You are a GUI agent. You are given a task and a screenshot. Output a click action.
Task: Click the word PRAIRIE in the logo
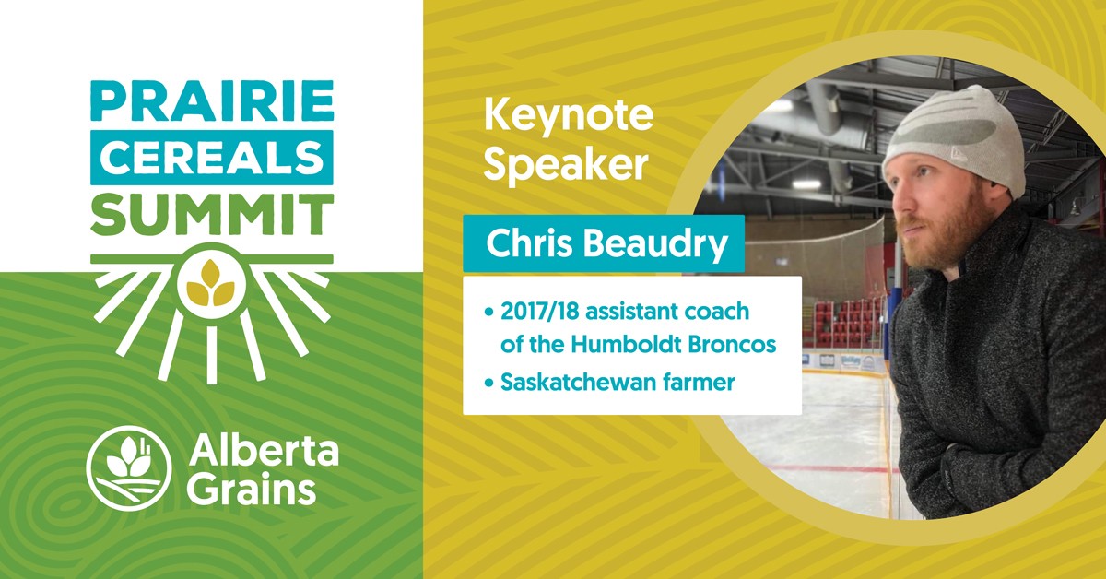point(212,100)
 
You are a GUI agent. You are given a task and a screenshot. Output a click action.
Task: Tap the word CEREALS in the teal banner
point(212,157)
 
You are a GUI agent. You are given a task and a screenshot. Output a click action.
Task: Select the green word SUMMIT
point(212,215)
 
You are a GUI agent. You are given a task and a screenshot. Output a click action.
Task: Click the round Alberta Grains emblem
point(128,467)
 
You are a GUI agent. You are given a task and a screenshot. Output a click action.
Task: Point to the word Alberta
point(264,451)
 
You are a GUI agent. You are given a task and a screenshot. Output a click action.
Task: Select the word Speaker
point(566,163)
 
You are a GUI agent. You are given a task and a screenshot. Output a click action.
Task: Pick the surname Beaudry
point(655,243)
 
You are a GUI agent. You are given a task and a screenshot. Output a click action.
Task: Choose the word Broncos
point(732,344)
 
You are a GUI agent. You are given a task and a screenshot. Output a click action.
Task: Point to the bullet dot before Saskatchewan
point(489,383)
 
